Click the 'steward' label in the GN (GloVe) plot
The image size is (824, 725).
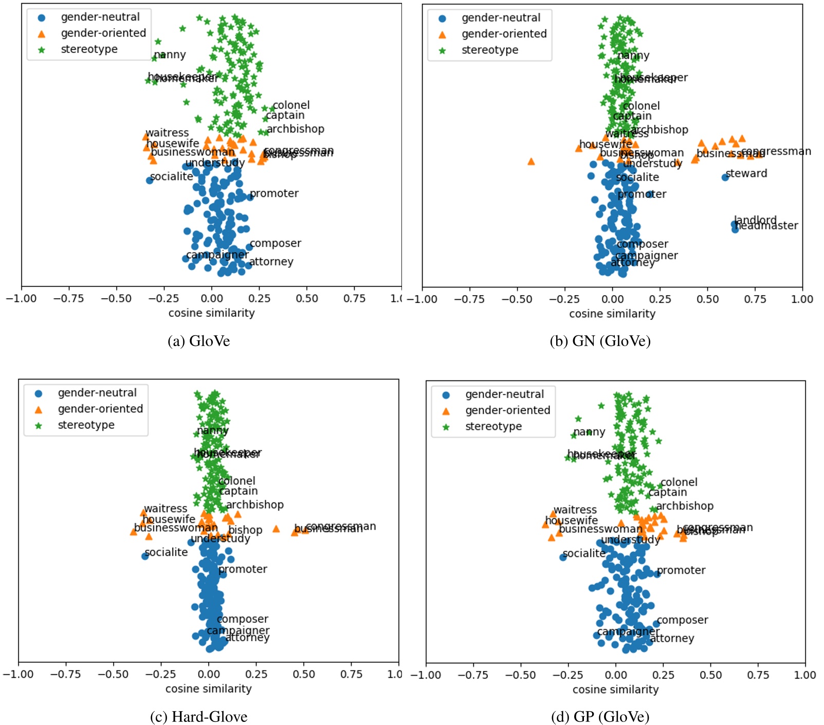pyautogui.click(x=746, y=173)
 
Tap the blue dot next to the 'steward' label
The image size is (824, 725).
pyautogui.click(x=725, y=177)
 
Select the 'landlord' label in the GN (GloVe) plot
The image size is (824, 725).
pyautogui.click(x=755, y=220)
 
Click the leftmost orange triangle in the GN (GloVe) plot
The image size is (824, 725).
pyautogui.click(x=531, y=161)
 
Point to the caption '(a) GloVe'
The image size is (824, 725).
pyautogui.click(x=198, y=341)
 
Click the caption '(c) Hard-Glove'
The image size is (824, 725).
pyautogui.click(x=198, y=716)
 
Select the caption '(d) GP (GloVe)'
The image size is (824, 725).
pyautogui.click(x=600, y=716)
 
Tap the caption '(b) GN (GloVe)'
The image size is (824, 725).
pyautogui.click(x=600, y=341)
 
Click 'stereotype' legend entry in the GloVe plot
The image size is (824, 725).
pyautogui.click(x=89, y=49)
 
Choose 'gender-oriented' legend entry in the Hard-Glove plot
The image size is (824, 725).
pyautogui.click(x=100, y=409)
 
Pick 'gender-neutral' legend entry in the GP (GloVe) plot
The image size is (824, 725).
pyautogui.click(x=504, y=394)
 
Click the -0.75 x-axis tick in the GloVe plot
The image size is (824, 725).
pyautogui.click(x=69, y=298)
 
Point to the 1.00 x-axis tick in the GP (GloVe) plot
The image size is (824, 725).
pyautogui.click(x=805, y=675)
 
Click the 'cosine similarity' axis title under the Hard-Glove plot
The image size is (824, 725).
pyautogui.click(x=208, y=688)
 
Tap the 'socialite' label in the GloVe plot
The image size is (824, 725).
pyautogui.click(x=172, y=176)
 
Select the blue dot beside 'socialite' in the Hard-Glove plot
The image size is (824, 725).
pyautogui.click(x=145, y=556)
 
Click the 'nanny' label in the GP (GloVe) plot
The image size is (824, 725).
pyautogui.click(x=589, y=432)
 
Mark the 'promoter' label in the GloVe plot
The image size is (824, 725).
pyautogui.click(x=274, y=193)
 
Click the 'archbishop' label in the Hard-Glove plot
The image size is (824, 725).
pyautogui.click(x=254, y=505)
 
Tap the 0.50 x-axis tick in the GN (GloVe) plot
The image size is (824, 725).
pyautogui.click(x=707, y=299)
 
